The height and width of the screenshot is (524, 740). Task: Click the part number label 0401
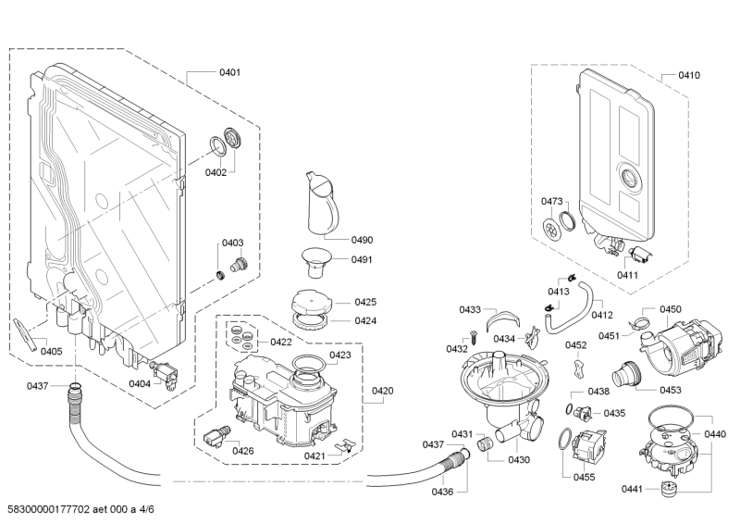tap(229, 72)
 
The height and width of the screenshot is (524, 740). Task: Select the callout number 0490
tap(362, 240)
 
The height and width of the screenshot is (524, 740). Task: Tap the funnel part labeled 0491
tap(316, 262)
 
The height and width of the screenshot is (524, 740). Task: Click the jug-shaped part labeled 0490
tap(322, 203)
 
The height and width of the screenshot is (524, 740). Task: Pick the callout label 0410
tap(689, 75)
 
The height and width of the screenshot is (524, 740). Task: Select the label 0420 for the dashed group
tap(382, 391)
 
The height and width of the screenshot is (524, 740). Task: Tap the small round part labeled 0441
tap(667, 488)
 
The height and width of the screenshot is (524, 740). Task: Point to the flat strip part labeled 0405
tap(26, 334)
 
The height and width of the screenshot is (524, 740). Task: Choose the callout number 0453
tap(671, 390)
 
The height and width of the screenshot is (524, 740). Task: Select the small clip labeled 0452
tap(579, 368)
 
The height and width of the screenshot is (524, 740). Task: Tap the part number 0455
tap(585, 477)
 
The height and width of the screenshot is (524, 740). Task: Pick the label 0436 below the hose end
tap(442, 492)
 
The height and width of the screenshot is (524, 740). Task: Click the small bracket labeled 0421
tap(344, 445)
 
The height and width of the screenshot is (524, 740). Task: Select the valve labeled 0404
tap(164, 372)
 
